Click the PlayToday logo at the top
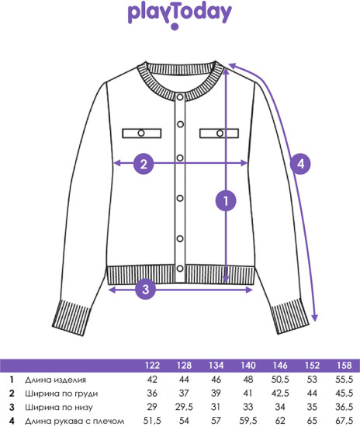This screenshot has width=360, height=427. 179,16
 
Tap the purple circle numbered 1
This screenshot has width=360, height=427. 226,201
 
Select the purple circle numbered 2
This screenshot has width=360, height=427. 144,164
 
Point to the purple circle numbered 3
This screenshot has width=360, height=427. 146,289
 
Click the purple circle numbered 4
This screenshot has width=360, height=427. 300,164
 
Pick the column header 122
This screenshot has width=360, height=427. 152,365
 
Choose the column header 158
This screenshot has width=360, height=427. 344,365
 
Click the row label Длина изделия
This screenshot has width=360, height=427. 56,380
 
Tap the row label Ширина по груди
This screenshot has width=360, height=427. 61,394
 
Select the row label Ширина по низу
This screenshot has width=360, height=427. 59,408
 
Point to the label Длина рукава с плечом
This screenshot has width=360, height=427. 74,421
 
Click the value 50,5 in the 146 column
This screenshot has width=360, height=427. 280,380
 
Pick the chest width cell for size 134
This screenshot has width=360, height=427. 216,394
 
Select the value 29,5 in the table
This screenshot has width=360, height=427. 184,407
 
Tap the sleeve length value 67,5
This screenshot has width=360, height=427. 344,421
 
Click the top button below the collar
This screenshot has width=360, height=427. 180,97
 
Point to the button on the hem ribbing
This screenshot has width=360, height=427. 180,269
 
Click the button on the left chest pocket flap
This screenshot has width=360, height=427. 141,134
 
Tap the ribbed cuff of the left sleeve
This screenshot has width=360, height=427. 71,318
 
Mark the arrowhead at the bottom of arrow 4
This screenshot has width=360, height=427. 314,318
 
